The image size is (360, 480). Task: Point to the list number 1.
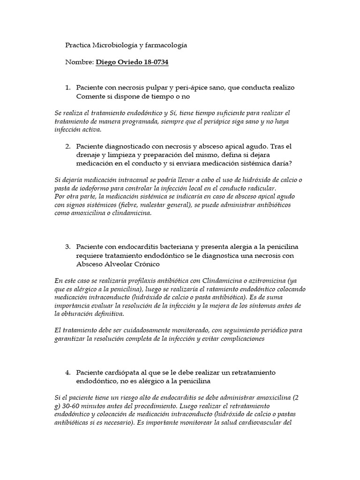(x=67, y=88)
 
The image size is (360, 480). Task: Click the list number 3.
(x=67, y=247)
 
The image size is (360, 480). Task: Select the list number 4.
(x=67, y=372)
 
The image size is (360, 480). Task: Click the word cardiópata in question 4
(x=123, y=372)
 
